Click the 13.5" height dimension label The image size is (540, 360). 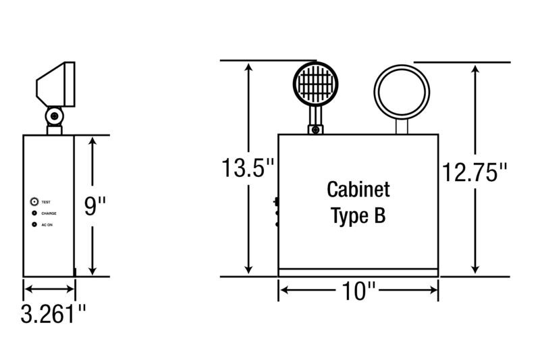point(248,168)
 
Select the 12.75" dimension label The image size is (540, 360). point(475,172)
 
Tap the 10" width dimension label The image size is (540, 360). point(358,290)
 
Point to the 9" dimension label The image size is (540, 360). point(95,205)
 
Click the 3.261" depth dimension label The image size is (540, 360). point(53,313)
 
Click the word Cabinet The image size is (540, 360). point(358,190)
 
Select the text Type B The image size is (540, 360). point(358,215)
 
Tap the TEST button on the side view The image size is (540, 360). point(34,201)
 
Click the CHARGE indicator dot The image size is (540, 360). point(34,213)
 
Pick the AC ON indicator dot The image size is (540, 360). point(34,225)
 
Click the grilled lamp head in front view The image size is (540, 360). point(315,84)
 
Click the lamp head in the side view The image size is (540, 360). point(56,84)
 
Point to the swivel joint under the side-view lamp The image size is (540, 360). point(55,116)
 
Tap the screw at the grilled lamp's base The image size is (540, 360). point(315,130)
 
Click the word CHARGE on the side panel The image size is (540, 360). point(49,213)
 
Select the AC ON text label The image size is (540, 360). point(47,225)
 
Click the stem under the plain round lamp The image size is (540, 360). point(402,127)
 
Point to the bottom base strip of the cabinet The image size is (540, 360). point(358,272)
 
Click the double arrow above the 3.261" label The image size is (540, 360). point(49,289)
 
